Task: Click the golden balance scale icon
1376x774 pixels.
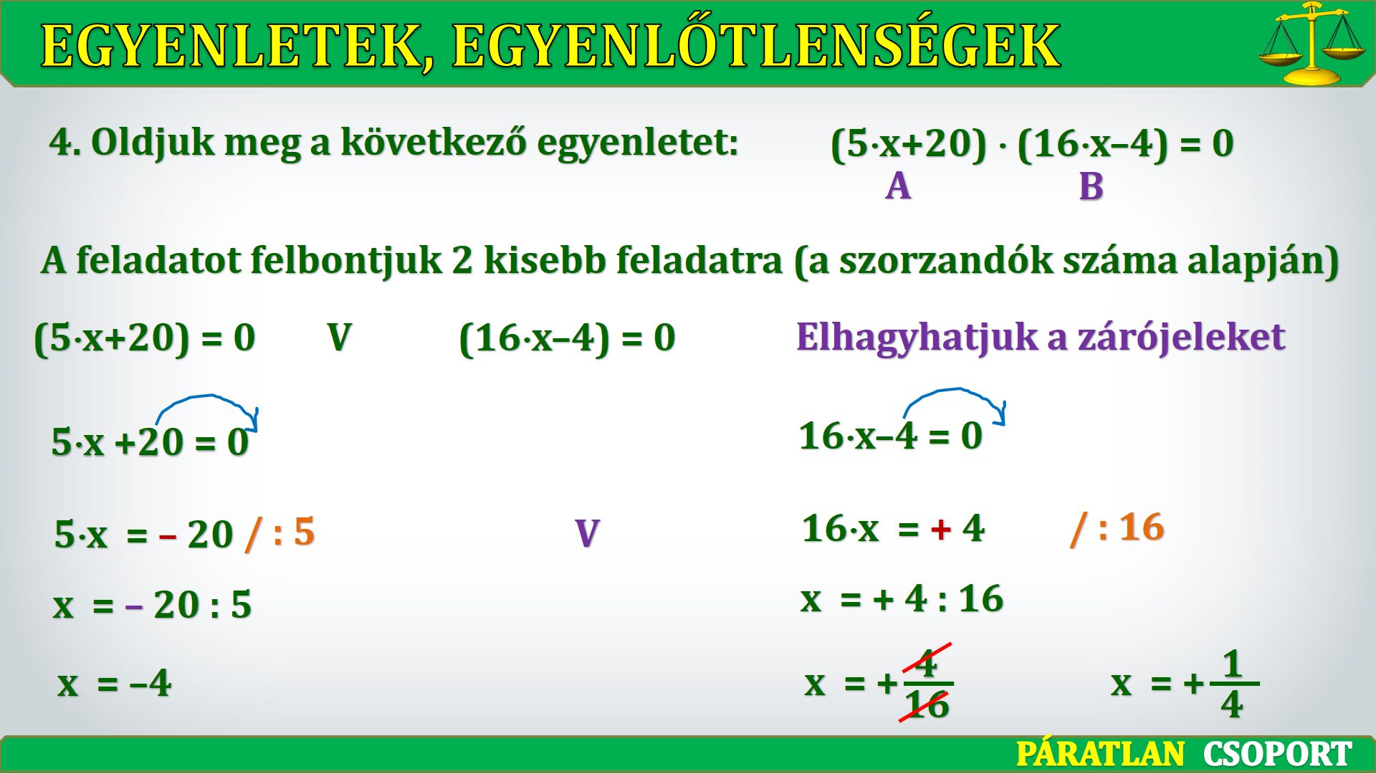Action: [1311, 43]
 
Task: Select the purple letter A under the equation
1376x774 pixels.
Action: [898, 186]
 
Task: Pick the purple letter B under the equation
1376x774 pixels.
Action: [1091, 186]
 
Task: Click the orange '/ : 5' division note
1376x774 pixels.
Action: [279, 533]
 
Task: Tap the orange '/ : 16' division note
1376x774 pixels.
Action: [1117, 528]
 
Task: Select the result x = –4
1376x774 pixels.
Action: [115, 683]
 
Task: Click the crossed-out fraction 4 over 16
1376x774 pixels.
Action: [927, 683]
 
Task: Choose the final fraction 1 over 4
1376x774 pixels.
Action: [1233, 684]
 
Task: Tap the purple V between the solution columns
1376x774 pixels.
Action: [587, 534]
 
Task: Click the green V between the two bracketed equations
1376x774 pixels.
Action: [339, 338]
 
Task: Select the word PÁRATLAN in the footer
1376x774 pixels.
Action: [1101, 755]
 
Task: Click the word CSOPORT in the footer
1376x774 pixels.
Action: [1278, 755]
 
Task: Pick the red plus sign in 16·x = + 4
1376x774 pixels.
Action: [941, 530]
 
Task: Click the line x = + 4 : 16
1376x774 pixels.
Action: [902, 599]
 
